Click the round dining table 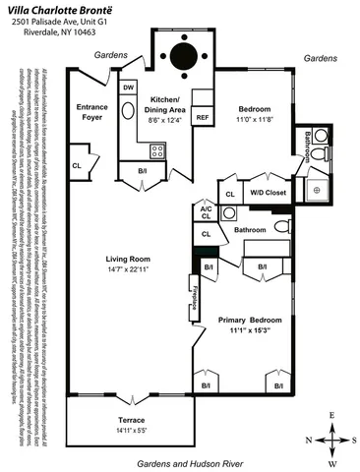pos(184,53)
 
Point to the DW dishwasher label pos(129,88)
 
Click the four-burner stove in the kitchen pos(156,150)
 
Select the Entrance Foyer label pos(96,111)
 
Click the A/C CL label pos(206,212)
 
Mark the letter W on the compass pos(332,461)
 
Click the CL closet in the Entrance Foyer pos(77,165)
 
